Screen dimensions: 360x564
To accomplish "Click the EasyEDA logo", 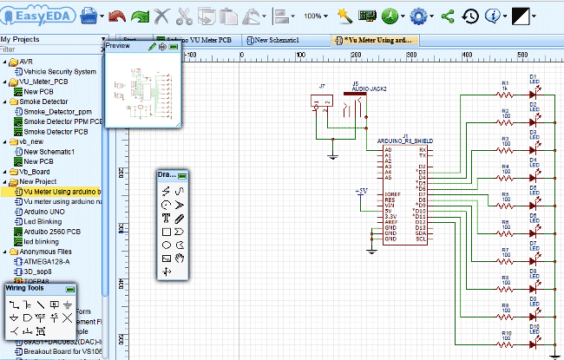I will tap(38, 15).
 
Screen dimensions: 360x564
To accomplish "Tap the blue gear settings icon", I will tap(420, 16).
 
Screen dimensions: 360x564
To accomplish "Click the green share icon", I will tap(448, 16).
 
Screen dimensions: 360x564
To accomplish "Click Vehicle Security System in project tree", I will tap(60, 72).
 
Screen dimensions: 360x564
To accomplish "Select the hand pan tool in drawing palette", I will tap(180, 258).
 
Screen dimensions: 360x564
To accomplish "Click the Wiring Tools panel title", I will tap(30, 287).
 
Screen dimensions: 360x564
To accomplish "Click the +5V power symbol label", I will tap(362, 190).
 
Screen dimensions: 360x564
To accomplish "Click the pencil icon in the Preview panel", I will tap(153, 46).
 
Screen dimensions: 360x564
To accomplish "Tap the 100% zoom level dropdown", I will tap(319, 16).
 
